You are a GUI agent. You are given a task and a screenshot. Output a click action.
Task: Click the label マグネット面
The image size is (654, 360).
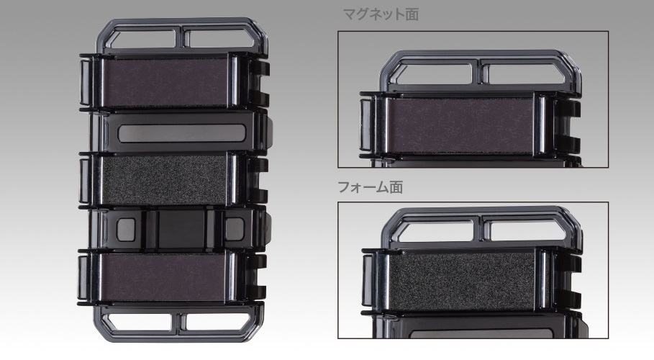(x=381, y=14)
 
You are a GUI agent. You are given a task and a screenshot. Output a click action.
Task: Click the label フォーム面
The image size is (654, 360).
(x=371, y=187)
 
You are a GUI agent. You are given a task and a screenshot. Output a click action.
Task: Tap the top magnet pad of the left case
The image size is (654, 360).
(x=165, y=82)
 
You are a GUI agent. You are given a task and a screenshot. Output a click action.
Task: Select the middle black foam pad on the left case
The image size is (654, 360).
(x=164, y=179)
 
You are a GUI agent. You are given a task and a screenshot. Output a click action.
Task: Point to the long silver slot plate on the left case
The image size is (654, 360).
(x=181, y=132)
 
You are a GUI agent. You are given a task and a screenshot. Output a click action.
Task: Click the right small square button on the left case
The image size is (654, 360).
(x=235, y=229)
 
